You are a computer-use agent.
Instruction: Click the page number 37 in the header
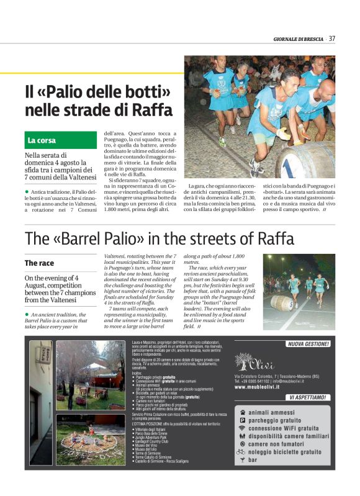pos(332,38)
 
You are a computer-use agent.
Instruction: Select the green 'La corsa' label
pos(42,140)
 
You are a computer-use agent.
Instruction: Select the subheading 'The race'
pos(39,263)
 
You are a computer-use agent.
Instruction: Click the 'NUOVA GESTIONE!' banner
pos(308,343)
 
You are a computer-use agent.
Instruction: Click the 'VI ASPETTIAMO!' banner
pos(308,397)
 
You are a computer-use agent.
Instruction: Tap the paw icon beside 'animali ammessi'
pos(241,412)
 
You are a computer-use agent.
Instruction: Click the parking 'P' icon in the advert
pos(241,420)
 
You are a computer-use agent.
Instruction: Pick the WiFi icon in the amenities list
pos(241,428)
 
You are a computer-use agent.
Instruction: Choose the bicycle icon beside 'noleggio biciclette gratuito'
pos(241,453)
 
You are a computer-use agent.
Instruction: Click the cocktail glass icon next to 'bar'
pos(241,461)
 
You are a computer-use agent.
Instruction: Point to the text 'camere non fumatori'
pos(279,444)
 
